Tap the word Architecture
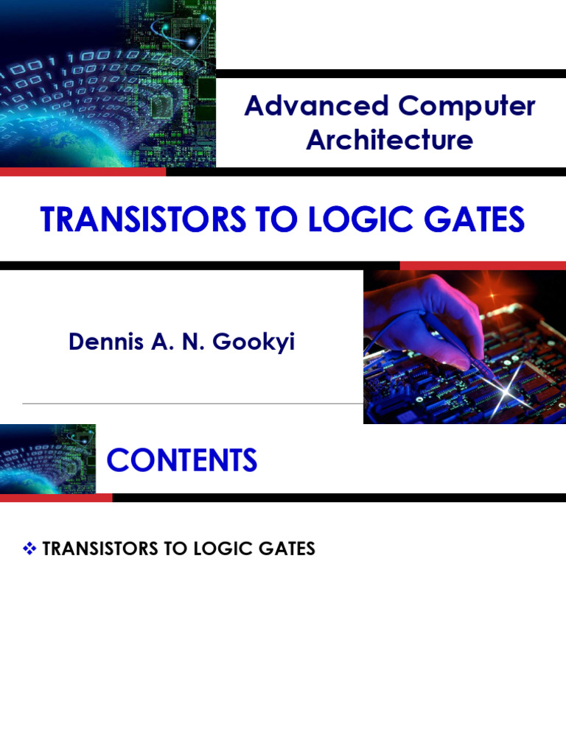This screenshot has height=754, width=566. [x=389, y=139]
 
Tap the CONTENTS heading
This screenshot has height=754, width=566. [x=182, y=460]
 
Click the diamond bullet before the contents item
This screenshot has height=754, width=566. [x=30, y=549]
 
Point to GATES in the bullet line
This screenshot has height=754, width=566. [x=287, y=549]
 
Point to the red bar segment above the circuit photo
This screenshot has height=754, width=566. [x=483, y=265]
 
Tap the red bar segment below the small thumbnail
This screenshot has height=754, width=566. [x=56, y=498]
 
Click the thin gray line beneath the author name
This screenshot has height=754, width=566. [x=192, y=404]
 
